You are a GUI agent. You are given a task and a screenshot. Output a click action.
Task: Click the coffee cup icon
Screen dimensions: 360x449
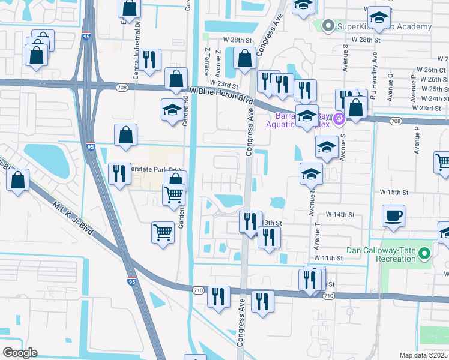pyautogui.click(x=393, y=215)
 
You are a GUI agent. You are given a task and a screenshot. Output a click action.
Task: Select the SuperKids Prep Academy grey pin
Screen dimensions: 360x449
pyautogui.click(x=328, y=26)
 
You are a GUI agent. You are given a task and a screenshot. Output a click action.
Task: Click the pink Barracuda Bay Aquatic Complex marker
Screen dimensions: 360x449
pyautogui.click(x=339, y=118)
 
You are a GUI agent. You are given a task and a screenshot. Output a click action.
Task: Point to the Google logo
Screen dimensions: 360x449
pyautogui.click(x=20, y=353)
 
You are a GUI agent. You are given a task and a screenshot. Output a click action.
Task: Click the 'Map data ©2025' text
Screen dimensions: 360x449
pyautogui.click(x=423, y=355)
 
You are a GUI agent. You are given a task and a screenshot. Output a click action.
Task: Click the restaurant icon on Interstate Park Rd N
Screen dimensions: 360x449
pyautogui.click(x=119, y=173)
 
